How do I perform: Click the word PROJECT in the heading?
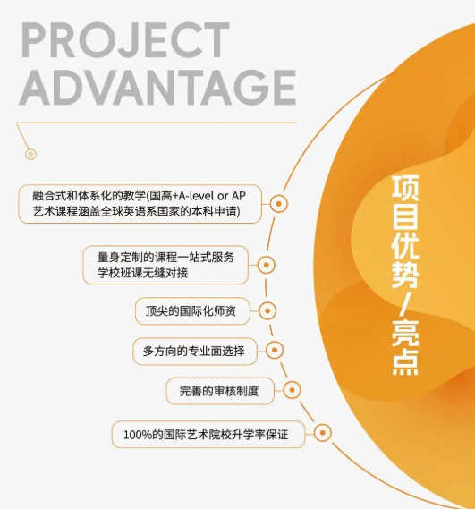point(125,40)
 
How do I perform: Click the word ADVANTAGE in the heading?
point(157,88)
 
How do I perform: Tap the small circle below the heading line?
point(30,154)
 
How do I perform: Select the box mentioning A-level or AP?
point(140,204)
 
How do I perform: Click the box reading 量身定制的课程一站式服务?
point(165,265)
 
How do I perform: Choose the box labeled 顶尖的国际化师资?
point(192,311)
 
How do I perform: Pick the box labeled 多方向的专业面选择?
point(195,352)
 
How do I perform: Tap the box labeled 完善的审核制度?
point(220,391)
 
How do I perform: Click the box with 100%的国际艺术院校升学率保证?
point(208,435)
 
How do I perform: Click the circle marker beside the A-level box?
point(278,204)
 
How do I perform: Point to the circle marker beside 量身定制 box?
point(267,265)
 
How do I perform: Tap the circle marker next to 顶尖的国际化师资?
point(267,311)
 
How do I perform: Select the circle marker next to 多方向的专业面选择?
point(275,351)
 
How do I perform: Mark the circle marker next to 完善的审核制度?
point(292,390)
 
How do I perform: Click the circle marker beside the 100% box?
point(322,433)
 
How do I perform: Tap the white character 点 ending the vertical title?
point(405,362)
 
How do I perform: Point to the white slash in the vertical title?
point(405,304)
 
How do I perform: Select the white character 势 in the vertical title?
point(405,276)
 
